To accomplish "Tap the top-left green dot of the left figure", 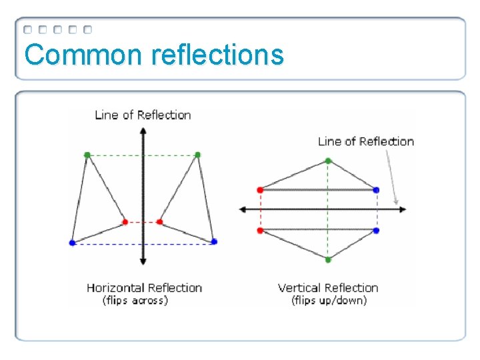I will click(87, 155).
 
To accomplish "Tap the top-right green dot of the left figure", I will click(197, 155).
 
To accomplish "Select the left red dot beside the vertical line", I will click(125, 222).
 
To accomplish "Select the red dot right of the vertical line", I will click(160, 222).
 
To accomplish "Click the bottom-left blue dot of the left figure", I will click(73, 243).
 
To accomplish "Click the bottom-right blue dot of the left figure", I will click(214, 242).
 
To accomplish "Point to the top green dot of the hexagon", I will click(328, 161).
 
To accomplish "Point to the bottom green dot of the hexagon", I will click(328, 259).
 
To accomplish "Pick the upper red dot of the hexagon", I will click(260, 190).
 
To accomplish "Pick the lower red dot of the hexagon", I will click(260, 231).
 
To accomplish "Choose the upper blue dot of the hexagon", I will click(377, 190).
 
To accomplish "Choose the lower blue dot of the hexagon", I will click(377, 231).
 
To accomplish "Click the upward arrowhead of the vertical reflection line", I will click(142, 131).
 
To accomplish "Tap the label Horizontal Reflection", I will click(144, 288).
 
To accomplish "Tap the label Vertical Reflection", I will click(328, 288).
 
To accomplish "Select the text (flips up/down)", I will click(329, 301).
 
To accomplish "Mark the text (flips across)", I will click(135, 301).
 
